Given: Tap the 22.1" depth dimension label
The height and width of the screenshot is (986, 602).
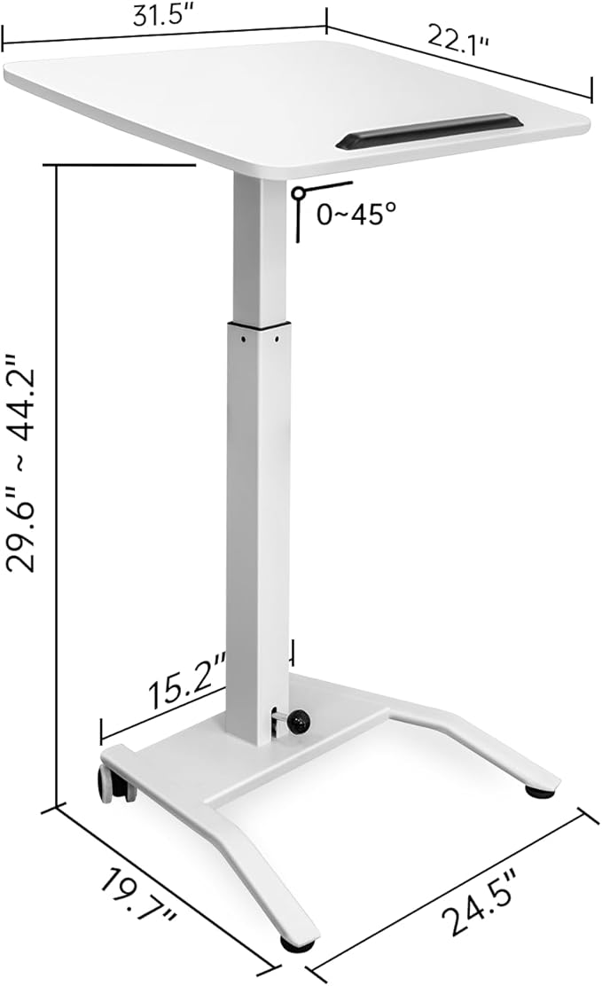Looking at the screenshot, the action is (x=458, y=40).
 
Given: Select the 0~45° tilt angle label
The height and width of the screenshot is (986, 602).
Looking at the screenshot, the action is (x=356, y=215).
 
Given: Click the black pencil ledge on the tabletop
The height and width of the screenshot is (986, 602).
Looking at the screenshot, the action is (x=429, y=131).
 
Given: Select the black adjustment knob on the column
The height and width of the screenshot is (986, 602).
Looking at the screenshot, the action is (x=298, y=721).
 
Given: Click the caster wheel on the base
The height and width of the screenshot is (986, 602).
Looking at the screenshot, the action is (x=112, y=785).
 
